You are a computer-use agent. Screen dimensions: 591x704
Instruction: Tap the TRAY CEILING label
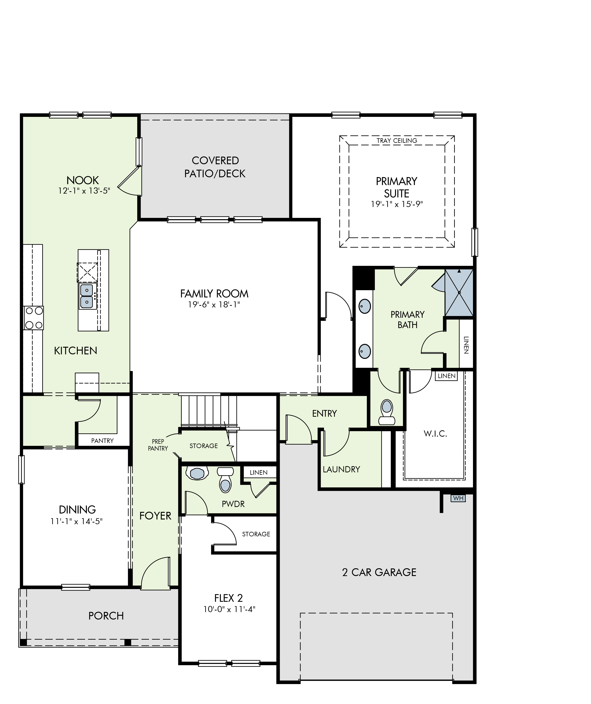click(x=397, y=140)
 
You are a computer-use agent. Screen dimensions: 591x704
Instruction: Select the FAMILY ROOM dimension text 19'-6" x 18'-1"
click(x=214, y=304)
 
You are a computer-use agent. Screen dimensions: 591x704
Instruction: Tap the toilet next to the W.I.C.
click(x=387, y=412)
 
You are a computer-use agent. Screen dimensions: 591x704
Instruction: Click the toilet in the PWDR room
click(x=225, y=480)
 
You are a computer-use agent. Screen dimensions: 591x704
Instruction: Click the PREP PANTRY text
click(x=158, y=445)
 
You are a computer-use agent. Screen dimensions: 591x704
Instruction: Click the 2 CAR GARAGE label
click(x=379, y=572)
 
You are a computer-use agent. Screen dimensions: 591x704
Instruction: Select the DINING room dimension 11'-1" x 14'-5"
click(x=77, y=521)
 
